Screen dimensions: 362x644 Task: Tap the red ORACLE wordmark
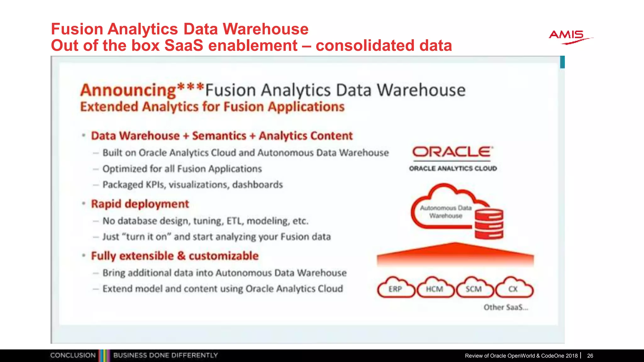click(452, 152)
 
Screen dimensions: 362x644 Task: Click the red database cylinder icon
click(489, 224)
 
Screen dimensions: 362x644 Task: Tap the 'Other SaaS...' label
click(506, 307)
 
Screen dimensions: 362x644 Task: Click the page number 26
click(590, 356)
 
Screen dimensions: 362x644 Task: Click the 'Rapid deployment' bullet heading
click(140, 204)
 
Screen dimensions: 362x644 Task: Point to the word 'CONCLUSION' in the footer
click(73, 355)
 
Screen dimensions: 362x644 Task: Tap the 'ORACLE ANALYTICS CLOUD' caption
click(453, 168)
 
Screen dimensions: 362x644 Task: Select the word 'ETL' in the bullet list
click(235, 221)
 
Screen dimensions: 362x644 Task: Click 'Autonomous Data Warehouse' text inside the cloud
click(446, 212)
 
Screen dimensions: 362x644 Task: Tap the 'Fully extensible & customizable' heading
click(175, 256)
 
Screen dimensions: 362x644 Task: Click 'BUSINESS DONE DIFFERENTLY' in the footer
click(165, 355)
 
